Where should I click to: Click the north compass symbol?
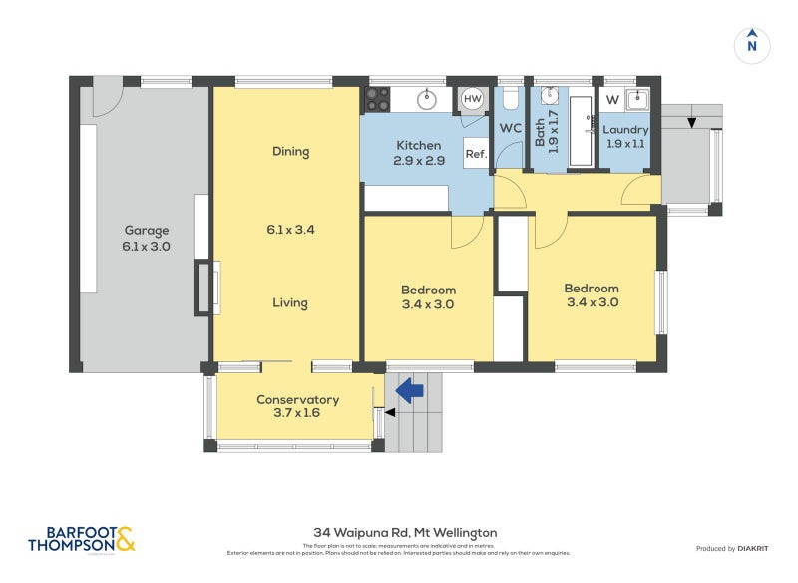pos(752,45)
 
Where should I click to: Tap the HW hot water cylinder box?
pos(472,99)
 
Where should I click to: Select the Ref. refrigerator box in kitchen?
pos(476,154)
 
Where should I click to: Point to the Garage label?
pos(145,229)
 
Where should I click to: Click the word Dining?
pos(290,152)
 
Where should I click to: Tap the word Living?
pos(290,303)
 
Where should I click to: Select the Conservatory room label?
pos(297,400)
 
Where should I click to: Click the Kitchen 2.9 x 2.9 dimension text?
pos(418,161)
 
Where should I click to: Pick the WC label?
pos(510,129)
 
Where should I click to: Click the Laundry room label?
pos(625,130)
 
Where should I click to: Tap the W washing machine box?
pos(612,99)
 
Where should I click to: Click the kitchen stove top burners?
pos(377,99)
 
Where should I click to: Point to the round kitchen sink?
pos(426,99)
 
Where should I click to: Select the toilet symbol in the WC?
pos(510,99)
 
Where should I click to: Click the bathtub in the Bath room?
pos(580,130)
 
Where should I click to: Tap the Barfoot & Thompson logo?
pos(81,539)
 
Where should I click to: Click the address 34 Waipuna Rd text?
pos(404,533)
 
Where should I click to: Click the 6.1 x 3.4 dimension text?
pos(290,229)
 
